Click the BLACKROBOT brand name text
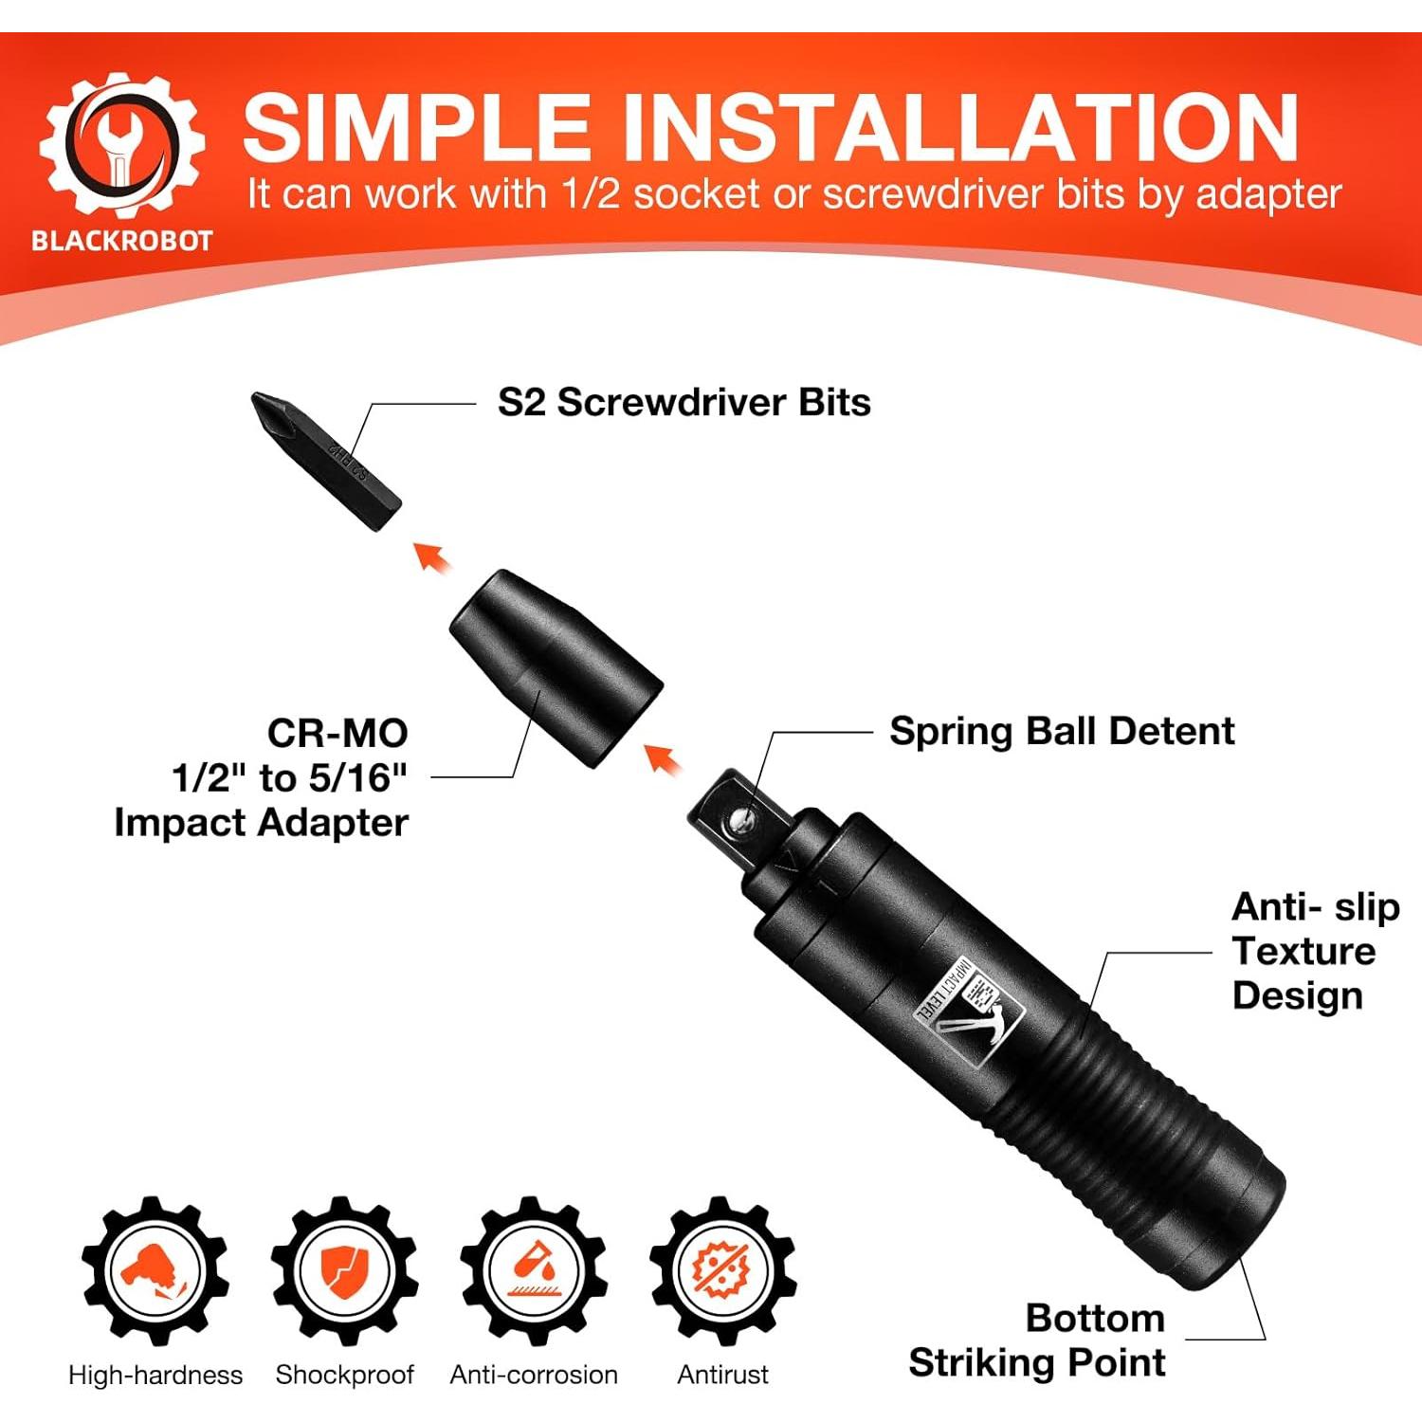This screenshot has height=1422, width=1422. [x=121, y=241]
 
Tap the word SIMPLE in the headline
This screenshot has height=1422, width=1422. [x=417, y=128]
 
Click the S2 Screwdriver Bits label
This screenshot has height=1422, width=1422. [x=684, y=402]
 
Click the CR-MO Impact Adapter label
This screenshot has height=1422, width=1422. [x=275, y=777]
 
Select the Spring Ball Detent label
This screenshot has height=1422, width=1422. [x=1062, y=731]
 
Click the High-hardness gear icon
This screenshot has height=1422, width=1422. [x=155, y=1270]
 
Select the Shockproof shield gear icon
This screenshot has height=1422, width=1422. [x=344, y=1270]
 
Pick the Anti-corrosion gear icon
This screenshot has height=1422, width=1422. [x=534, y=1270]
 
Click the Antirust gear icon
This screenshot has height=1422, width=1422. [x=722, y=1270]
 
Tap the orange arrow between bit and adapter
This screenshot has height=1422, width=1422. [x=432, y=557]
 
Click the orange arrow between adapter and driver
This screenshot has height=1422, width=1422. [x=663, y=759]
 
